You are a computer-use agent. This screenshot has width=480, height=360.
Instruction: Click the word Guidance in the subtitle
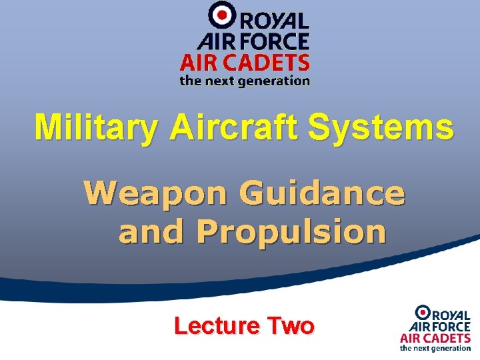click(323, 194)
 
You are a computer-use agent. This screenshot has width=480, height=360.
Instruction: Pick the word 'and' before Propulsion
click(150, 232)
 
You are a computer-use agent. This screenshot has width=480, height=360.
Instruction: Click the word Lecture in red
click(216, 326)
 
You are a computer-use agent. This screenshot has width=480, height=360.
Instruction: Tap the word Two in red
click(290, 326)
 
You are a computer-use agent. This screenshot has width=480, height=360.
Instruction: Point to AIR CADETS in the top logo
click(245, 63)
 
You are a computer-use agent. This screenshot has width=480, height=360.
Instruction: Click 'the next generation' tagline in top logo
click(245, 81)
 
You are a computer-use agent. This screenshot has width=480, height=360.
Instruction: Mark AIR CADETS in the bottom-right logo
click(435, 337)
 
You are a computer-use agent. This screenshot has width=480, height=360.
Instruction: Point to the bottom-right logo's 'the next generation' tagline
click(435, 347)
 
